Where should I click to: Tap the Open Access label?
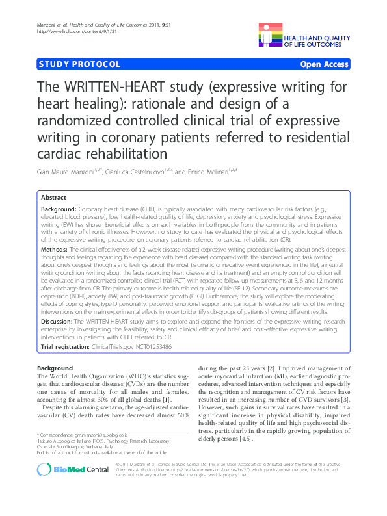click(325, 64)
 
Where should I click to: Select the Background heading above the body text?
click(55, 368)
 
